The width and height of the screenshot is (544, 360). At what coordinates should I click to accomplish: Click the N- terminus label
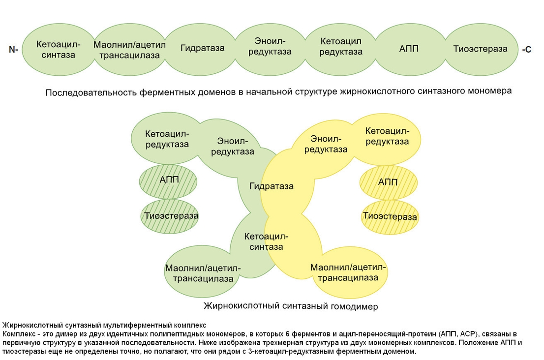pyautogui.click(x=13, y=49)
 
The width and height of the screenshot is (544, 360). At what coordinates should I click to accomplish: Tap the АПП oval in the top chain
pyautogui.click(x=409, y=49)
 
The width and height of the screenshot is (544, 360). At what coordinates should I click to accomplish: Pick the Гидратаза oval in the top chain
pyautogui.click(x=202, y=48)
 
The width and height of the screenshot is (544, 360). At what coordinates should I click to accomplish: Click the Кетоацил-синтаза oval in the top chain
pyautogui.click(x=58, y=49)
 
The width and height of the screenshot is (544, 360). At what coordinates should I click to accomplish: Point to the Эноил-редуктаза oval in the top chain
pyautogui.click(x=270, y=46)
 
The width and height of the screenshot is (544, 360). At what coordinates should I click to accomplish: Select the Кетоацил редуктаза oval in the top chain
pyautogui.click(x=341, y=46)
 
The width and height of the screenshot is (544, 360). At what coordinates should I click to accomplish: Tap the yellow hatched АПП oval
pyautogui.click(x=389, y=182)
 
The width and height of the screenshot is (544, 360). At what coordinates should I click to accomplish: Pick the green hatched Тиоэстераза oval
pyautogui.click(x=168, y=215)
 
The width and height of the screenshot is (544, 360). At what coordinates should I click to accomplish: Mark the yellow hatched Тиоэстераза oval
pyautogui.click(x=389, y=216)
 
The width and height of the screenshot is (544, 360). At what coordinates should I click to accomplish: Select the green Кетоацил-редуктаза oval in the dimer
pyautogui.click(x=167, y=139)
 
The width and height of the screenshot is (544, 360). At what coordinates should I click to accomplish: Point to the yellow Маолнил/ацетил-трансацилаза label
pyautogui.click(x=348, y=272)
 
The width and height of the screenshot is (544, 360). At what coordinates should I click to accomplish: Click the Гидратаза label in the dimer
pyautogui.click(x=272, y=186)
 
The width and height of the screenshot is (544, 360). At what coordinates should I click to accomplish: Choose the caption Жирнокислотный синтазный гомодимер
pyautogui.click(x=290, y=306)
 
